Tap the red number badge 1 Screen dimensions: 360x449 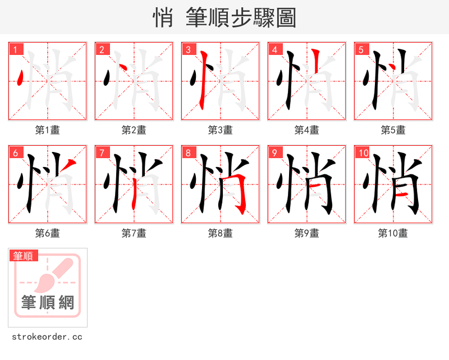[x=16, y=49]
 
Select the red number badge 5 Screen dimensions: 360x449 [x=361, y=49]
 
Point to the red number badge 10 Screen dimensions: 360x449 [x=364, y=153]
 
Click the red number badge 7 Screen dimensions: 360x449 [x=102, y=153]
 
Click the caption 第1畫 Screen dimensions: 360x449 [x=47, y=130]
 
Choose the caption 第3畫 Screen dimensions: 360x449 [x=220, y=130]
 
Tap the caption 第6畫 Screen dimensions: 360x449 [x=47, y=233]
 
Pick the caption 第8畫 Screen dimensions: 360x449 [x=220, y=233]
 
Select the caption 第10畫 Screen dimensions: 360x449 [x=393, y=233]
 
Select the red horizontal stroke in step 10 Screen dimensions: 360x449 [x=402, y=195]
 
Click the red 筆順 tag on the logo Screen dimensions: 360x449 [x=24, y=256]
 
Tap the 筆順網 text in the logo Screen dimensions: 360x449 [x=48, y=303]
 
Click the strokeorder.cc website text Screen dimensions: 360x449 [x=47, y=337]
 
